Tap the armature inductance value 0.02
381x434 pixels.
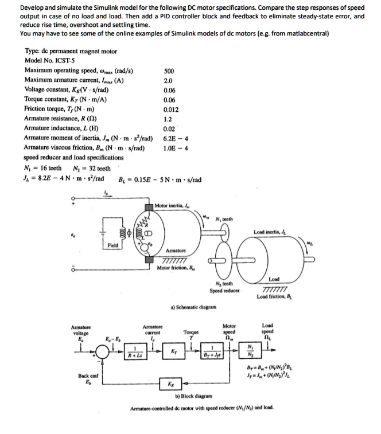pos(169,130)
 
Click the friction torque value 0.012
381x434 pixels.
pos(170,108)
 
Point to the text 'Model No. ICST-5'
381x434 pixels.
pos(49,60)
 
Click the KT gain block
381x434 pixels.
pos(174,350)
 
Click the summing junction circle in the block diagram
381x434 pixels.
pos(104,350)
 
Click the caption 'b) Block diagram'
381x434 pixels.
pos(195,396)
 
